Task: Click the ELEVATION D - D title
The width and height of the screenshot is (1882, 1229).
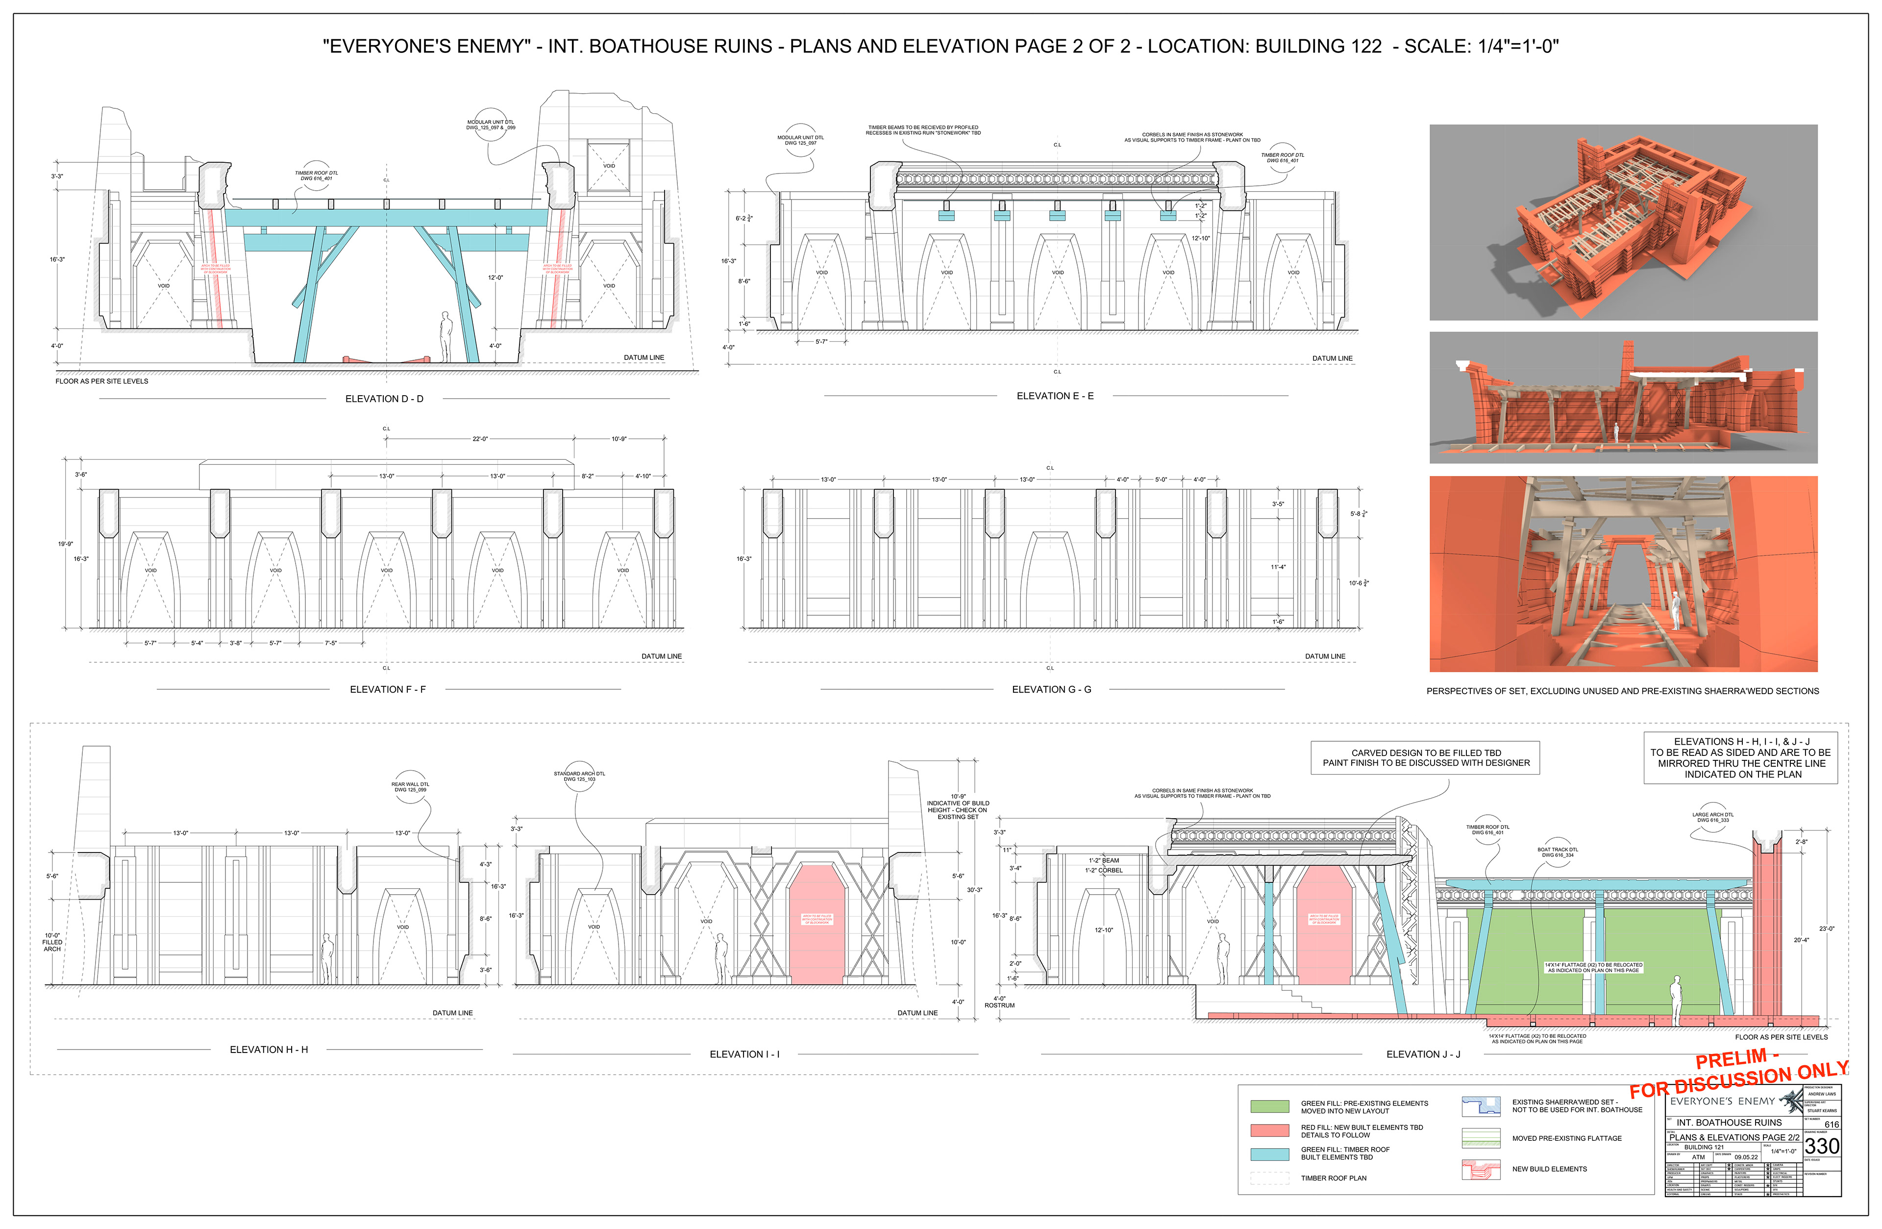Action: click(384, 399)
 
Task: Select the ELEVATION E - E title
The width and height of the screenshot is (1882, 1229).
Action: click(1055, 396)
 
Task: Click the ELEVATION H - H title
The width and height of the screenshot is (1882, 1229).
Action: click(269, 1050)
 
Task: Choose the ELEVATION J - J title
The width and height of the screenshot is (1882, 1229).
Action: click(1423, 1054)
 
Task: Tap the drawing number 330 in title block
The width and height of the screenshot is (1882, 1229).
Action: click(1821, 1146)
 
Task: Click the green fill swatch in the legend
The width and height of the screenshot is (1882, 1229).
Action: click(1270, 1106)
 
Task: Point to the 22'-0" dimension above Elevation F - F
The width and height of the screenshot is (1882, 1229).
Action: click(480, 439)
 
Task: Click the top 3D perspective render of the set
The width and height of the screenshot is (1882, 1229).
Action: click(1623, 222)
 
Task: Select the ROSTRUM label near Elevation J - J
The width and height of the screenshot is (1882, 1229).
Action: click(999, 1005)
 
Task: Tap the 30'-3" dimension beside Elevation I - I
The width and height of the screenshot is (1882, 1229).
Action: click(974, 890)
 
